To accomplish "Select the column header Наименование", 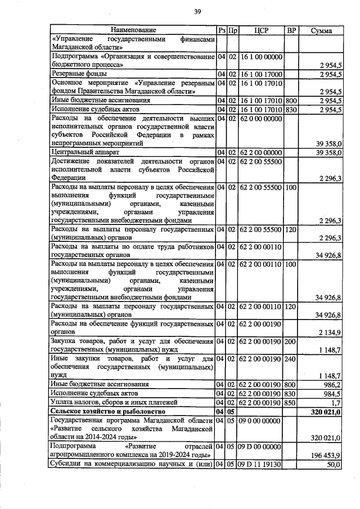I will [x=133, y=30].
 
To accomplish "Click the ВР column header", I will [x=291, y=30].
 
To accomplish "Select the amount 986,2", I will [x=332, y=385].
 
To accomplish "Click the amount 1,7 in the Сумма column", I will [x=336, y=403].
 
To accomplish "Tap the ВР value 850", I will [x=291, y=403].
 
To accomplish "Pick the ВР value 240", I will [x=291, y=358].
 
